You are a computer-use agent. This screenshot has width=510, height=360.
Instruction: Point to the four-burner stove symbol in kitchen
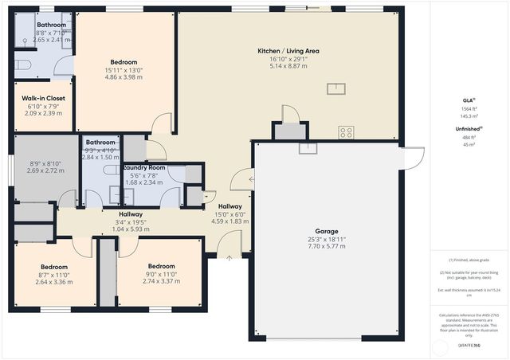click(x=347, y=133)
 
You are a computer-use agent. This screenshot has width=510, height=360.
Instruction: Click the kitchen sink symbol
click(x=335, y=88)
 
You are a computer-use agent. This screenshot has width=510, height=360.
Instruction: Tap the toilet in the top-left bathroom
click(x=22, y=65)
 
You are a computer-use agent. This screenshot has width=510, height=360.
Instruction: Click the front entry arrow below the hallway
click(x=229, y=256)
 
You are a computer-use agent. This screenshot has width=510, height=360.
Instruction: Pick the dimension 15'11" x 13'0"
click(x=124, y=70)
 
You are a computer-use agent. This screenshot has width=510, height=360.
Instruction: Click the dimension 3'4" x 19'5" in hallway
click(x=131, y=222)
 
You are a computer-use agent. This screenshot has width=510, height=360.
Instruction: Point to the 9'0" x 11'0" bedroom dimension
click(x=161, y=274)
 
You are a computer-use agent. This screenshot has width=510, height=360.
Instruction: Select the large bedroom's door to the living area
click(x=163, y=123)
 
